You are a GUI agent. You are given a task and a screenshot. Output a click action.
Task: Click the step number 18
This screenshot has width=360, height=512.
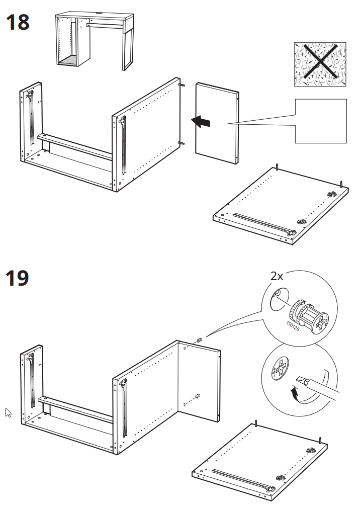tap(17, 23)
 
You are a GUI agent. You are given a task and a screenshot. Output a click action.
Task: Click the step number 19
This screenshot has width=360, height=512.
tap(17, 278)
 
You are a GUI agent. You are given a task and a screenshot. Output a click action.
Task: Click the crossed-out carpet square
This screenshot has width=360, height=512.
tap(320, 64)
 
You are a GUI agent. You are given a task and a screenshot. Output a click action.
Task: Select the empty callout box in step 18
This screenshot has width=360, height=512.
tap(321, 121)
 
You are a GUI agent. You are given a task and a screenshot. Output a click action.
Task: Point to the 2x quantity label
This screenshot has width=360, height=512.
tap(277, 276)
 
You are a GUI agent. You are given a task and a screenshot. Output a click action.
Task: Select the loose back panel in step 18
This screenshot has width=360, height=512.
tap(217, 123)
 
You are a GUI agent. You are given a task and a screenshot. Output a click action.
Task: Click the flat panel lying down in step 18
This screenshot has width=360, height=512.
tap(279, 206)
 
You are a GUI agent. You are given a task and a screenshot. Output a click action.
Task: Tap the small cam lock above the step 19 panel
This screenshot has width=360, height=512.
tap(199, 340)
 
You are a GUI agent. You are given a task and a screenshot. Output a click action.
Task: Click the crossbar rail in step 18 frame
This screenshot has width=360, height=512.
tap(75, 146)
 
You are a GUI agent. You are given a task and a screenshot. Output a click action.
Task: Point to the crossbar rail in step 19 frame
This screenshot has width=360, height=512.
tap(75, 408)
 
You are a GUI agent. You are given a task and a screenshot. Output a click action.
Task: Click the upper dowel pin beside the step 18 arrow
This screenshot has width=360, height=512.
tap(183, 85)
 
